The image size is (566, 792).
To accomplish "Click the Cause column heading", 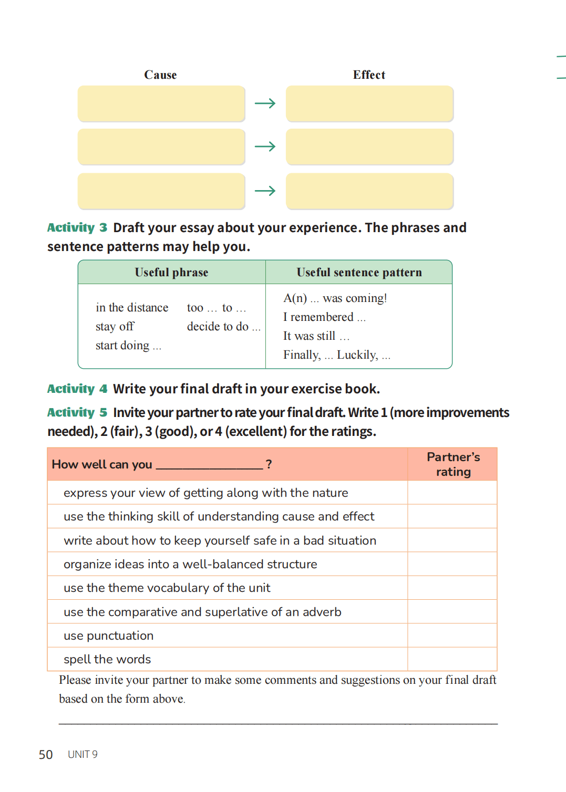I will [x=160, y=75].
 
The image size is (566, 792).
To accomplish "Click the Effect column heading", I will [x=369, y=75].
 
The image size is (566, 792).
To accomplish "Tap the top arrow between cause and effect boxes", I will [x=265, y=103].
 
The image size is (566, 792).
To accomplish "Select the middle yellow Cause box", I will [x=161, y=147].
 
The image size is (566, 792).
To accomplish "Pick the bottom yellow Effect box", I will [x=369, y=191].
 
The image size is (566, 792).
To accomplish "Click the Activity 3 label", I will [x=77, y=227].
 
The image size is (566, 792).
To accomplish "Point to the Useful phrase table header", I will [x=171, y=272].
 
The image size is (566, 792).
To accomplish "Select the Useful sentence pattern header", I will [x=359, y=272].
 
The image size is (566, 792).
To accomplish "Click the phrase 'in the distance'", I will [x=132, y=307].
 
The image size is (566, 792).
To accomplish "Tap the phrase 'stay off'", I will [x=115, y=326].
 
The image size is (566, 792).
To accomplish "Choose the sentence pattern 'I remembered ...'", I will [x=324, y=317].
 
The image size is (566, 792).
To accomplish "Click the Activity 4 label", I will [x=77, y=389].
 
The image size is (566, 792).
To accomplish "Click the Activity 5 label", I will [x=77, y=412].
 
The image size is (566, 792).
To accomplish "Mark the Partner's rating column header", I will [x=453, y=464].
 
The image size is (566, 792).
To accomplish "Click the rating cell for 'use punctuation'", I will [x=452, y=635].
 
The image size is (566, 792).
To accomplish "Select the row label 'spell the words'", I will [x=107, y=659].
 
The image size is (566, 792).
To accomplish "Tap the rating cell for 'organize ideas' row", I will [x=452, y=564].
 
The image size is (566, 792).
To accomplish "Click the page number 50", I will [x=46, y=755].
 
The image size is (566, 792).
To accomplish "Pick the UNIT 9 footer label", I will [x=83, y=755].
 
